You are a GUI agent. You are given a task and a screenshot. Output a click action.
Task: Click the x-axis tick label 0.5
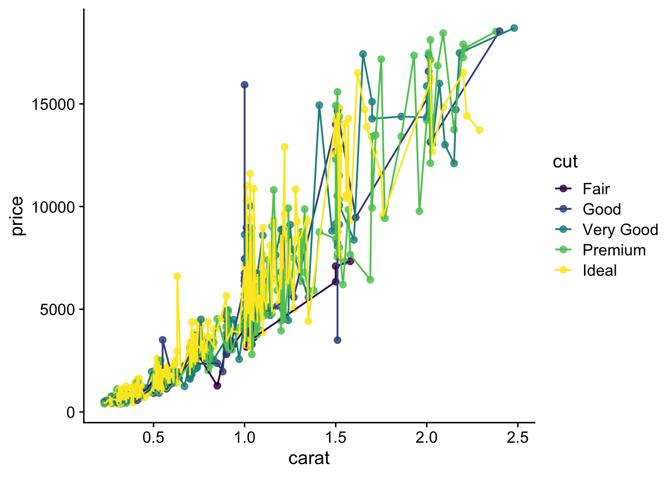click(153, 438)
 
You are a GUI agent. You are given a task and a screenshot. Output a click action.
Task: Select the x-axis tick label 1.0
click(244, 438)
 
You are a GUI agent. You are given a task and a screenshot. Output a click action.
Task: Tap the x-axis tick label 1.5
click(335, 438)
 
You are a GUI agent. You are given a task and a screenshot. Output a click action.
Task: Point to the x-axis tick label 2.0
click(426, 438)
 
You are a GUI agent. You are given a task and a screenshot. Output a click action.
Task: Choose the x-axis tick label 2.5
click(517, 438)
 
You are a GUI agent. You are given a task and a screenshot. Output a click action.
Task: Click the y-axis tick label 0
click(71, 412)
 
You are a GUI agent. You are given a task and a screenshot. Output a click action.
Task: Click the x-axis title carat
click(309, 458)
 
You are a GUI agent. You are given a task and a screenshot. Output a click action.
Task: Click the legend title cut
click(565, 161)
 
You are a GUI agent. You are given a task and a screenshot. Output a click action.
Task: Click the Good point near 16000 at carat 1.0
click(245, 85)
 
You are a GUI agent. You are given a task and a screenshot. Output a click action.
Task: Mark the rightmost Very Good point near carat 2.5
click(514, 28)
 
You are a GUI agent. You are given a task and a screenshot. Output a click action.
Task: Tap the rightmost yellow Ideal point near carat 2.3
click(479, 130)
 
